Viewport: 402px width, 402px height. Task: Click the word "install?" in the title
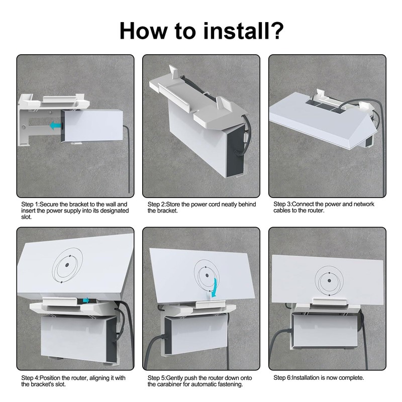pos(243,31)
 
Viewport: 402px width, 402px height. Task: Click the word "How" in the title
pos(143,31)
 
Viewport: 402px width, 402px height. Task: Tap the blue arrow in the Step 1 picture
pos(55,125)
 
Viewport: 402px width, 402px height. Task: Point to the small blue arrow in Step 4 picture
pos(86,300)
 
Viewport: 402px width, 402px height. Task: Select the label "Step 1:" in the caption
pos(31,205)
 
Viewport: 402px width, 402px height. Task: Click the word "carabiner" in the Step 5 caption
pos(173,384)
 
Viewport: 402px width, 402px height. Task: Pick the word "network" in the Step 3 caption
pos(364,204)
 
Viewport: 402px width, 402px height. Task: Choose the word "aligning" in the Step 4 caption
pos(102,378)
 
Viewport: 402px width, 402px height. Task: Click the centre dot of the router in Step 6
pos(329,280)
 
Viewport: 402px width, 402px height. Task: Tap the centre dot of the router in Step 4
pos(67,265)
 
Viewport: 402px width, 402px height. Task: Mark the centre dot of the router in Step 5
pos(207,275)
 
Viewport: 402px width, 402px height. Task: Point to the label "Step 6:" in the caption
pos(283,378)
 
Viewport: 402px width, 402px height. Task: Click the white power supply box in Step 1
pos(92,125)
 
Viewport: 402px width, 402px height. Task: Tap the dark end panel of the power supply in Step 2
pos(235,151)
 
